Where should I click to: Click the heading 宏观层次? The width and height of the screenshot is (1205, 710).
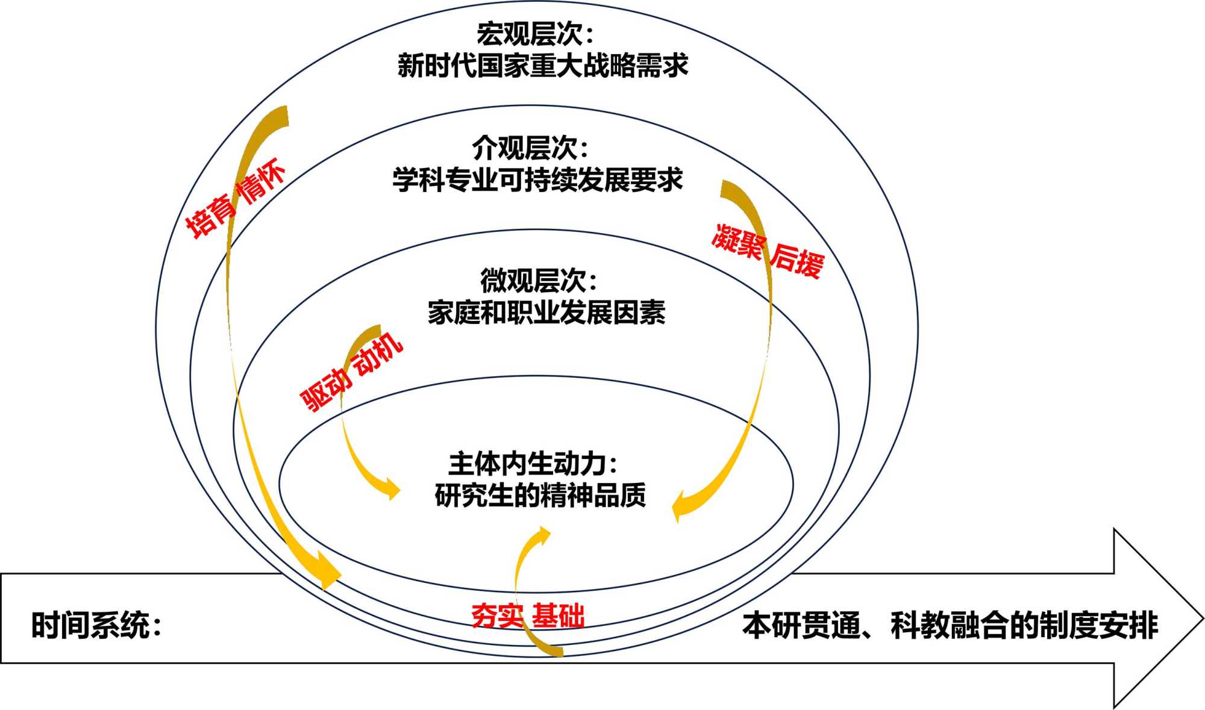534,34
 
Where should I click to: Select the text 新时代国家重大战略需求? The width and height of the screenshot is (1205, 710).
542,66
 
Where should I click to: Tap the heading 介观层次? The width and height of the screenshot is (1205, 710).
530,148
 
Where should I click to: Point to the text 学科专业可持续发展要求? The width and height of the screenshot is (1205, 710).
537,180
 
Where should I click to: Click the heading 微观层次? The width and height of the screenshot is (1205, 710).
538,280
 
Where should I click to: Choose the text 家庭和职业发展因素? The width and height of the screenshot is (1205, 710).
546,313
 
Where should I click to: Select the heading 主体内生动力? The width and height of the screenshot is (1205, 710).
533,464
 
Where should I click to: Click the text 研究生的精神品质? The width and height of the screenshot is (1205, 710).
540,496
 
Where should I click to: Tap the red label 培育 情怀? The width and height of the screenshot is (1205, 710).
235,199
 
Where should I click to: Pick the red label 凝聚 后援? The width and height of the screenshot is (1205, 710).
767,251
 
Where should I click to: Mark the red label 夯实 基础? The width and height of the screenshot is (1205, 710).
527,615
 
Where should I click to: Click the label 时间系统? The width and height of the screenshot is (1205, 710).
96,625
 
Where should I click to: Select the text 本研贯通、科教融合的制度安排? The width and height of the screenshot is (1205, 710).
950,625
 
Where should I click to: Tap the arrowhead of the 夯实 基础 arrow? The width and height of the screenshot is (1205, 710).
544,533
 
